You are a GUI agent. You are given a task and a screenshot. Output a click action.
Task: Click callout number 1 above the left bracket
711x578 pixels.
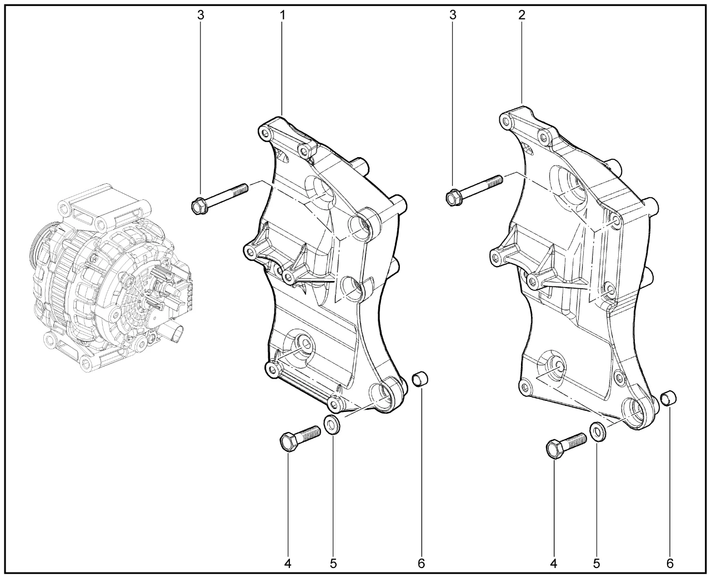tap(282, 15)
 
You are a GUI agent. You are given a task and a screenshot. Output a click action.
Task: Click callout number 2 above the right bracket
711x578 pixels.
tap(522, 14)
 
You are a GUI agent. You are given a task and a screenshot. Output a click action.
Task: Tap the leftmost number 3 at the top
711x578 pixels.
tap(201, 15)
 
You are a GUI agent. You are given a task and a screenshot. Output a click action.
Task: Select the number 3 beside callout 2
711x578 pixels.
tap(453, 15)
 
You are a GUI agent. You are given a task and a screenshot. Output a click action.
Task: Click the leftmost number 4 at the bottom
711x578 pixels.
tap(288, 564)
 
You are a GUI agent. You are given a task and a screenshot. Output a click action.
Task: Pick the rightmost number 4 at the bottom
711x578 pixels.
tap(553, 564)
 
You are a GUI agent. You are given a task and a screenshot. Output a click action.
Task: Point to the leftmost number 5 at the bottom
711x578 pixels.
tap(333, 564)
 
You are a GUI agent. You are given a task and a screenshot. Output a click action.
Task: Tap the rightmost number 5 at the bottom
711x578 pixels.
tap(597, 564)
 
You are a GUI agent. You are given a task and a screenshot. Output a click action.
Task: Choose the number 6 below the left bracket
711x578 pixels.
tap(421, 564)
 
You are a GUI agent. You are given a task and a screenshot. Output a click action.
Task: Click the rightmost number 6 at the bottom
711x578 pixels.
tap(670, 564)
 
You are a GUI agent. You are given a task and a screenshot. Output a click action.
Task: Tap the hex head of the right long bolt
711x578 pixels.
tap(453, 197)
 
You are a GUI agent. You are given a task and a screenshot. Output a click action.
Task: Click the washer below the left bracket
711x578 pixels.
tap(332, 425)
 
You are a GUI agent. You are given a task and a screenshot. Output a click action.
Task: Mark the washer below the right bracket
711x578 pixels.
tap(598, 432)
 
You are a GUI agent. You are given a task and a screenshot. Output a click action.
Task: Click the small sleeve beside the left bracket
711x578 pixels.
tap(420, 379)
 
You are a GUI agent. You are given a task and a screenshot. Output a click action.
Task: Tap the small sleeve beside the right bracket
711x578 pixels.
tap(669, 399)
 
